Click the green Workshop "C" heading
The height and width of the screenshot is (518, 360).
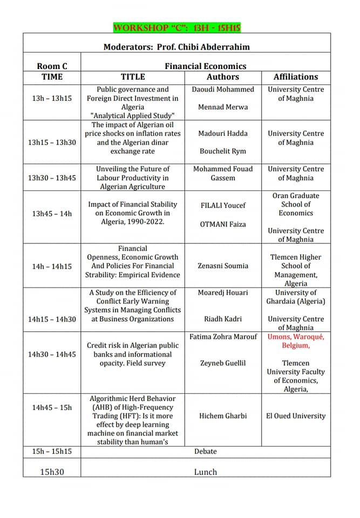pos(177,28)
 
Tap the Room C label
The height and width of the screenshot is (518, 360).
pos(52,66)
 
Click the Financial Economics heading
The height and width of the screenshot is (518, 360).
pos(205,66)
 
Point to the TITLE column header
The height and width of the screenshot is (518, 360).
pos(133,77)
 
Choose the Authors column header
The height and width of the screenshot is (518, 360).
pos(223,77)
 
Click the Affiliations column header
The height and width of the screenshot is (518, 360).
pos(296,77)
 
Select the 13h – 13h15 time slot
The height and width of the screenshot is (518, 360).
pos(52,98)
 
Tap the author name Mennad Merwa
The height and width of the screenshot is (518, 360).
pos(223,107)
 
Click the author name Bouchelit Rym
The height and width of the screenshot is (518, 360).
pos(223,151)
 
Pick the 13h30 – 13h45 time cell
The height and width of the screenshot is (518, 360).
pos(52,178)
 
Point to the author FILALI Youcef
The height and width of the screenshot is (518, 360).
pos(223,205)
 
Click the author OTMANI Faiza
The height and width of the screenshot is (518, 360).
pos(223,223)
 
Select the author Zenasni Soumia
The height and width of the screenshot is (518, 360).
pos(223,265)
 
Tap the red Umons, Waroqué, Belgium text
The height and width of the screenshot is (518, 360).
pos(296,341)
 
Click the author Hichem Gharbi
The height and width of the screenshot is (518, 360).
pos(223,415)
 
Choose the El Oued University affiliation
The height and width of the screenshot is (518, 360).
pos(296,415)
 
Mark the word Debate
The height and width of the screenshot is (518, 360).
pos(205,451)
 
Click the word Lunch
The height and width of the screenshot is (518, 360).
pos(205,472)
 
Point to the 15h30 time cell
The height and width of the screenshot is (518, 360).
pos(52,472)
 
